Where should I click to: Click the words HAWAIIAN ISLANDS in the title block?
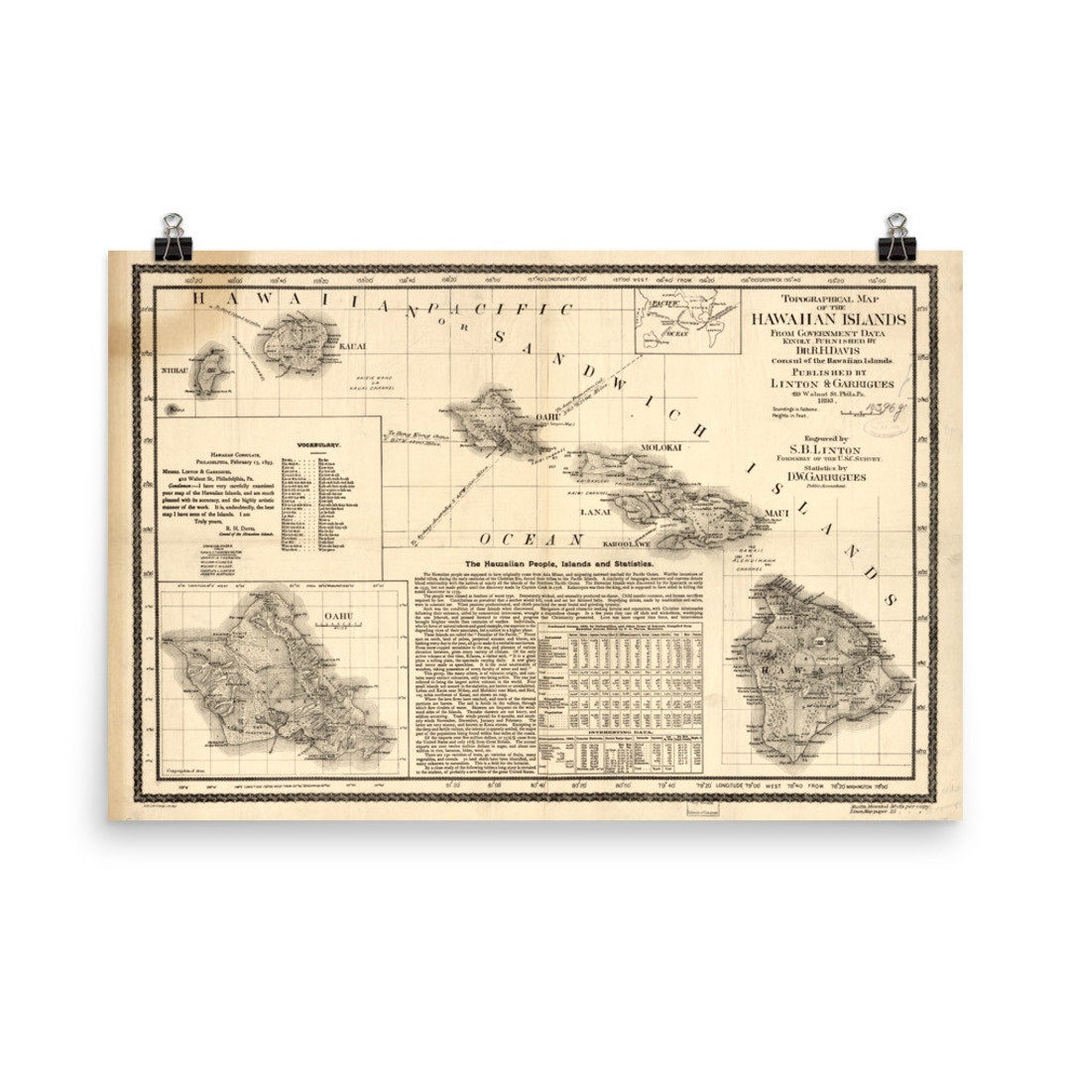pyautogui.click(x=828, y=319)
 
